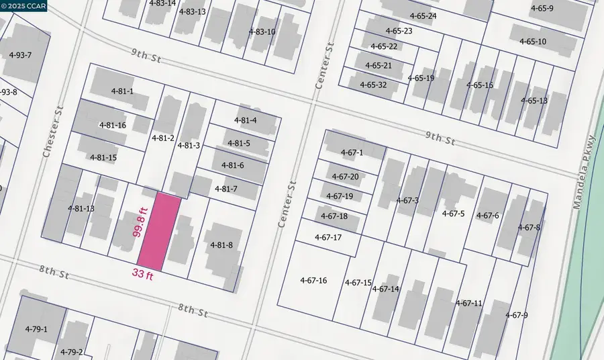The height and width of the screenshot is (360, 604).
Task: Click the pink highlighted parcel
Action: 159,229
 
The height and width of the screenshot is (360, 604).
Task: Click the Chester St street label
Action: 53,131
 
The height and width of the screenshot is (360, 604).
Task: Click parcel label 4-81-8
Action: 221,245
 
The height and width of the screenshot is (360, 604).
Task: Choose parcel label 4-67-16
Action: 313,280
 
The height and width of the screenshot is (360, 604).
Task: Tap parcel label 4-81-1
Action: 122,91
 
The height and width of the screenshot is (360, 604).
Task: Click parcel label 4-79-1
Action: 36,329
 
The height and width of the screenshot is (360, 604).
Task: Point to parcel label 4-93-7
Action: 20,54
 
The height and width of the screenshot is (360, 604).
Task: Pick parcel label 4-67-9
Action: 517,315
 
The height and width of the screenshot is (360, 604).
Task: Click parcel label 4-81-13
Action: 81,208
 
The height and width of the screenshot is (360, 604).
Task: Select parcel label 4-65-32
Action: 373,85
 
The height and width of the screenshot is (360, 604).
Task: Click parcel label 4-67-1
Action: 351,153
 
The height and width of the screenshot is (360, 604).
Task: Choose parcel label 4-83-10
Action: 262,32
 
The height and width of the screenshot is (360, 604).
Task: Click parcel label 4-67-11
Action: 468,303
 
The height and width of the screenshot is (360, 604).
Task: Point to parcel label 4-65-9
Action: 542,9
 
